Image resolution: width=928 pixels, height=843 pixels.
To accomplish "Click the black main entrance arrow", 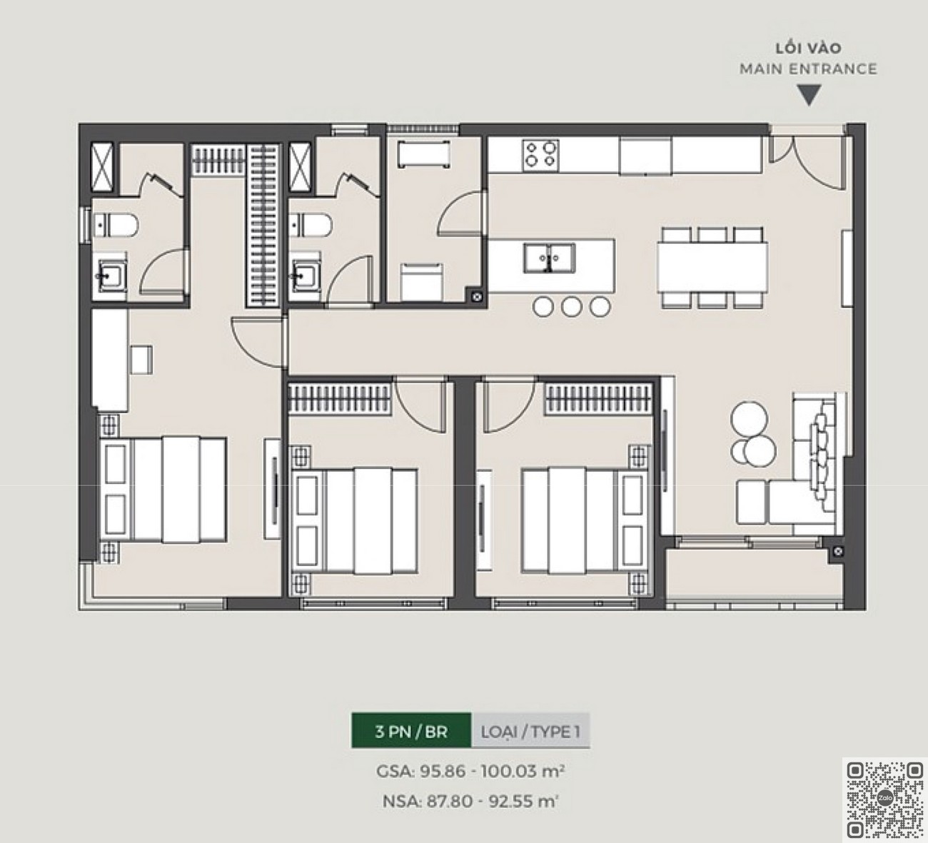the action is click(x=809, y=95).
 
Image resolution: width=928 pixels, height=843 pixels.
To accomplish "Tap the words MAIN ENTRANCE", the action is click(x=808, y=69).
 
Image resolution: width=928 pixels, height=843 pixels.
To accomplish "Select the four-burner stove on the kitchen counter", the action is click(x=540, y=154).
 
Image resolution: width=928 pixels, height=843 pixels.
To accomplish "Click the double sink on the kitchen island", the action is click(x=550, y=258).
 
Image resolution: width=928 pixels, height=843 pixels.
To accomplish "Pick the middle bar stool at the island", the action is click(x=571, y=306).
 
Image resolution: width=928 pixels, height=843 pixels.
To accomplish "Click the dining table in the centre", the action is click(x=712, y=268).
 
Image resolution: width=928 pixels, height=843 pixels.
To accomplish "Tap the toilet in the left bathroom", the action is click(x=115, y=226).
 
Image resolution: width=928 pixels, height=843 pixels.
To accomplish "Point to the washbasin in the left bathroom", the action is click(x=111, y=277).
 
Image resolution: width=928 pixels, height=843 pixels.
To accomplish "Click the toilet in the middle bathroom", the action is click(x=311, y=226).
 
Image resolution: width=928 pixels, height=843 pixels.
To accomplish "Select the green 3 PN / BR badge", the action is click(x=411, y=732).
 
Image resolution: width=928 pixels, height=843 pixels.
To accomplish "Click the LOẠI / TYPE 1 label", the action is click(x=530, y=732).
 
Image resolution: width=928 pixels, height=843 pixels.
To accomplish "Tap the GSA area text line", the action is click(x=470, y=771).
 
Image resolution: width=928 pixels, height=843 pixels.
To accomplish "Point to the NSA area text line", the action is click(x=470, y=801).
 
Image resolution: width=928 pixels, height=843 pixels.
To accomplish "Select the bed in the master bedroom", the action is click(x=163, y=489).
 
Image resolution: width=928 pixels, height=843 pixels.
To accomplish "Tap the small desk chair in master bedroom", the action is click(x=141, y=360).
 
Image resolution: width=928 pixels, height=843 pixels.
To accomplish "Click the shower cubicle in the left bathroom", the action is click(x=102, y=167).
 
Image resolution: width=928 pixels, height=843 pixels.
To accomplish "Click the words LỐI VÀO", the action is click(x=808, y=47).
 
